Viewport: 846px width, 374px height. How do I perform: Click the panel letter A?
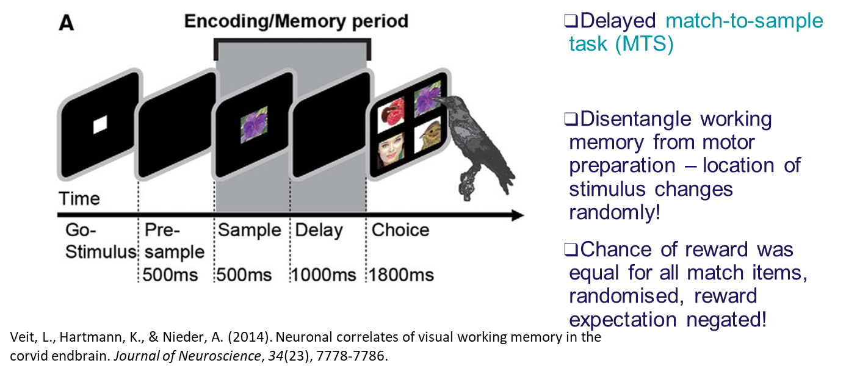point(67,25)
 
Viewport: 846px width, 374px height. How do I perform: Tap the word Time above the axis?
point(79,199)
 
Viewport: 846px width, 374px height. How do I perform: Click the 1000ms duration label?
point(323,275)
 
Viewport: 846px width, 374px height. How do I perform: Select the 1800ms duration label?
point(400,275)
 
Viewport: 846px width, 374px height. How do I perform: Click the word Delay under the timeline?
point(319,231)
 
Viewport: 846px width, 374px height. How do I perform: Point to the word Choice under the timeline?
point(400,231)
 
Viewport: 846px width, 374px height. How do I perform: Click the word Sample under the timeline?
point(249,231)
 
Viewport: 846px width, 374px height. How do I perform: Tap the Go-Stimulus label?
point(98,241)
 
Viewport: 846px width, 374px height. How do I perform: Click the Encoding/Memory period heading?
point(296,21)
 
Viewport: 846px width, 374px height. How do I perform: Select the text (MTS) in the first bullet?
point(644,45)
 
